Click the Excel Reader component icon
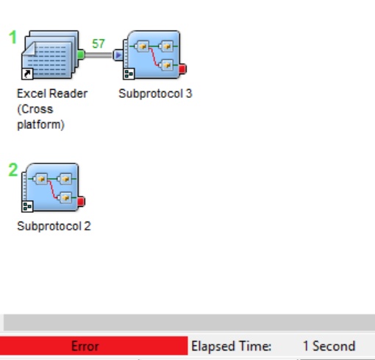[x=50, y=54]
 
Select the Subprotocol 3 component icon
[x=152, y=54]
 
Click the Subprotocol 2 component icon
[x=51, y=187]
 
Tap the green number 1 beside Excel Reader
[x=12, y=38]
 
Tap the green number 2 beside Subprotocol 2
[x=13, y=170]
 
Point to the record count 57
[x=99, y=43]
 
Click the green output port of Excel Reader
[x=81, y=54]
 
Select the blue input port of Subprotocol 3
[x=118, y=55]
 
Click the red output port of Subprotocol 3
[x=183, y=69]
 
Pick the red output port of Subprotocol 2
[x=82, y=202]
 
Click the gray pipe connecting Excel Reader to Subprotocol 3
[x=99, y=55]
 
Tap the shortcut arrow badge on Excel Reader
[x=27, y=74]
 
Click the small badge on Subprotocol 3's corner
[x=129, y=74]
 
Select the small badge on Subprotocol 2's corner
[x=27, y=206]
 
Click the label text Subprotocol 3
[x=155, y=93]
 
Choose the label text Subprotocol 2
[x=54, y=226]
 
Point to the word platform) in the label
[x=40, y=124]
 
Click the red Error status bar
[x=94, y=345]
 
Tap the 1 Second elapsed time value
[x=329, y=346]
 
